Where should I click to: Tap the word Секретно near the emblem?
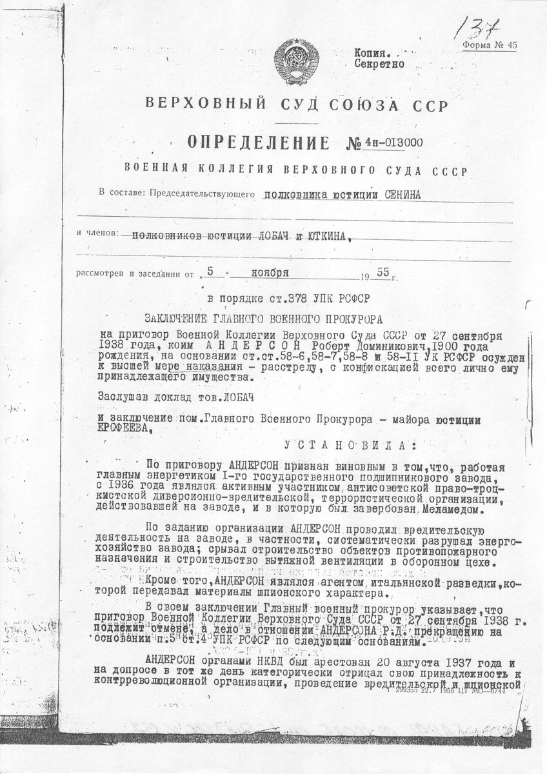tap(379, 64)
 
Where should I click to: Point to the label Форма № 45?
tap(490, 45)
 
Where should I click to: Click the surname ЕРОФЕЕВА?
tap(124, 428)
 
